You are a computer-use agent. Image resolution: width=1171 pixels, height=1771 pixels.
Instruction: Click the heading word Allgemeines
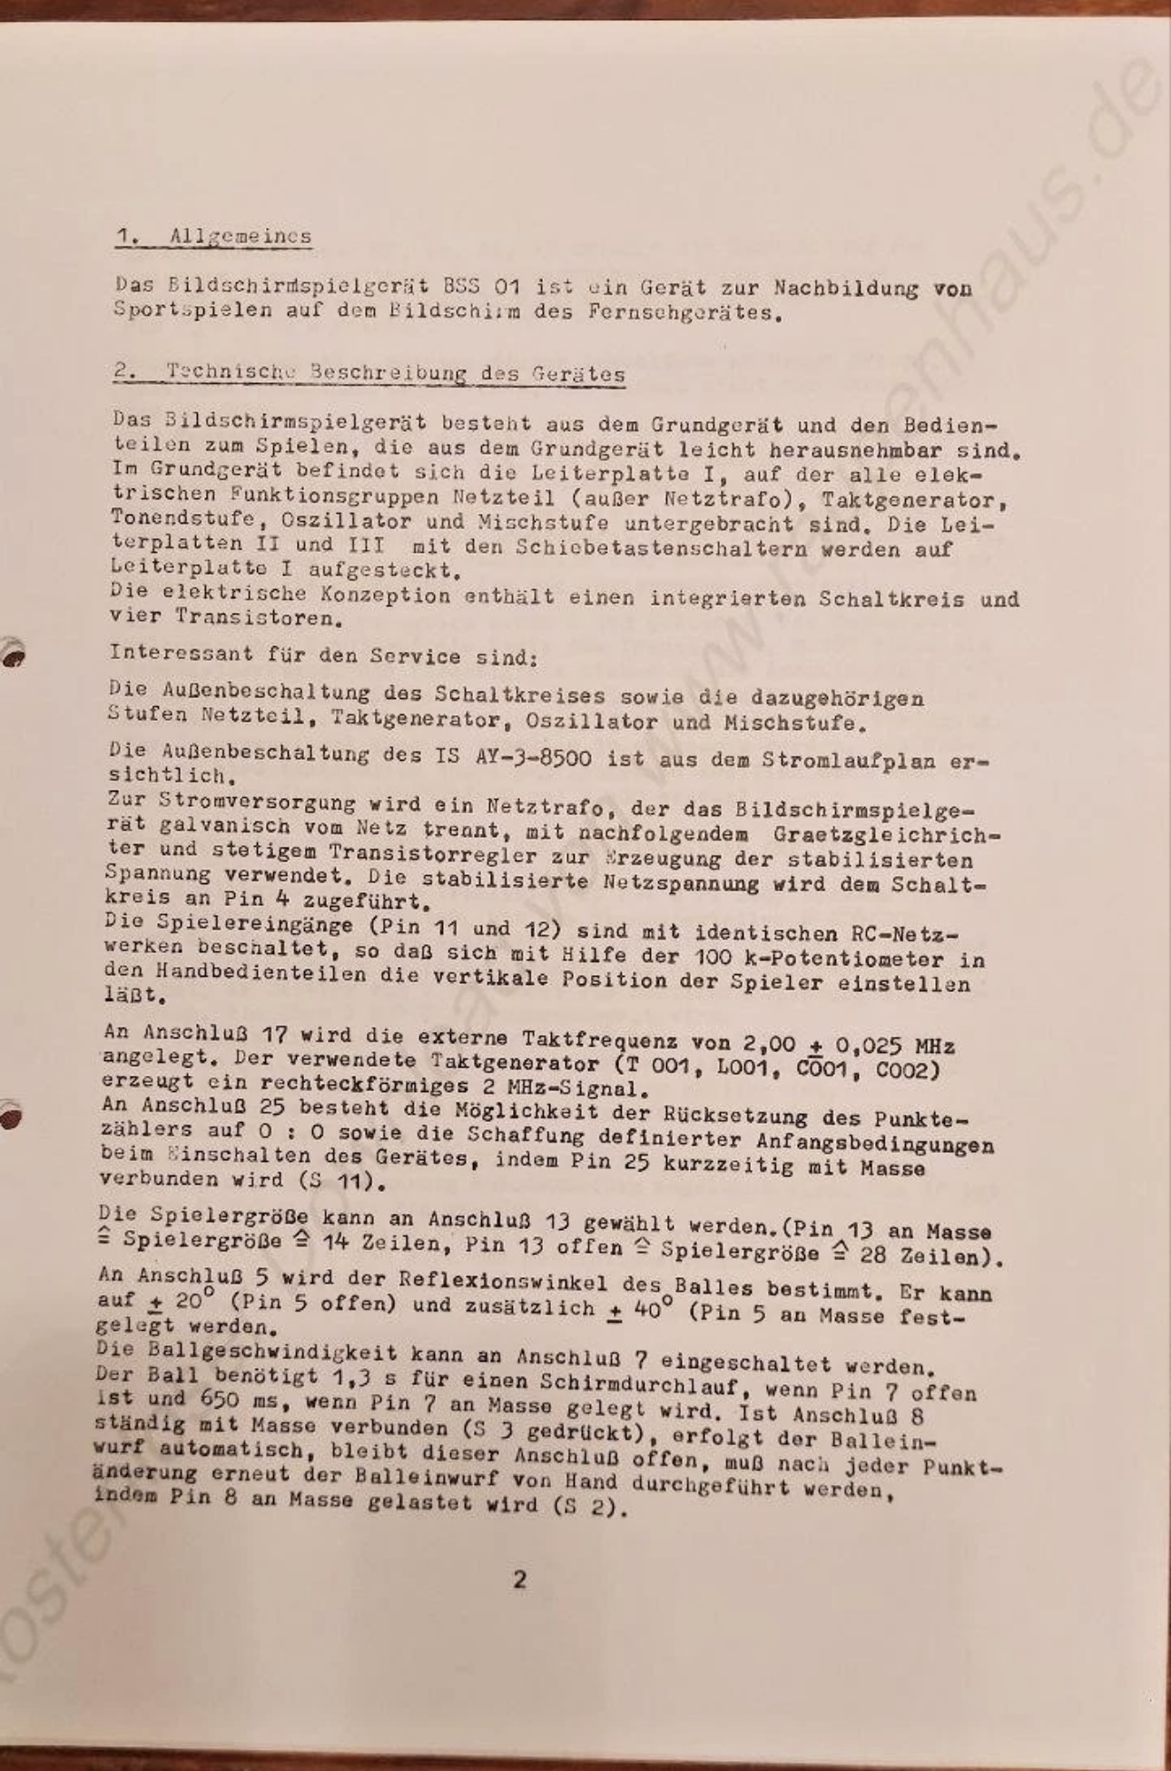[241, 236]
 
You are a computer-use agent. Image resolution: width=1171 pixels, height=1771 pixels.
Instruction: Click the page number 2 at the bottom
[519, 1579]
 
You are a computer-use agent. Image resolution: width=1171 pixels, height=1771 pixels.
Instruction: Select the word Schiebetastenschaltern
[661, 548]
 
